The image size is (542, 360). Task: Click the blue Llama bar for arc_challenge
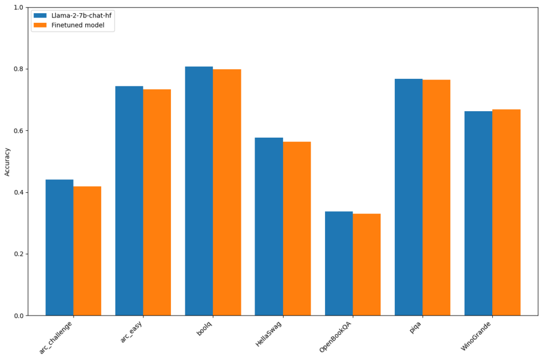click(x=59, y=247)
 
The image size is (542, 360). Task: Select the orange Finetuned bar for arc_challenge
click(x=87, y=251)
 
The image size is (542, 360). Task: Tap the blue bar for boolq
click(x=199, y=191)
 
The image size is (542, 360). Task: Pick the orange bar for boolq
click(x=227, y=192)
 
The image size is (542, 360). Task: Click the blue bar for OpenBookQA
click(x=339, y=263)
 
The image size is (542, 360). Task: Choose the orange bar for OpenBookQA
click(x=367, y=265)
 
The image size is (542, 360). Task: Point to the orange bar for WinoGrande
click(x=507, y=212)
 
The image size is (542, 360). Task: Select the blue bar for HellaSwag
click(x=269, y=227)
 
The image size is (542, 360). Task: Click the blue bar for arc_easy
click(x=129, y=201)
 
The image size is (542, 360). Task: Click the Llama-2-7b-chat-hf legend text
click(x=82, y=15)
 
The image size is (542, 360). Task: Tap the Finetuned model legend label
click(x=78, y=25)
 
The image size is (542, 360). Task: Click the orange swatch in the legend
click(x=40, y=25)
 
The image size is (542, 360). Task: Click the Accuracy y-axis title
click(x=7, y=161)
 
